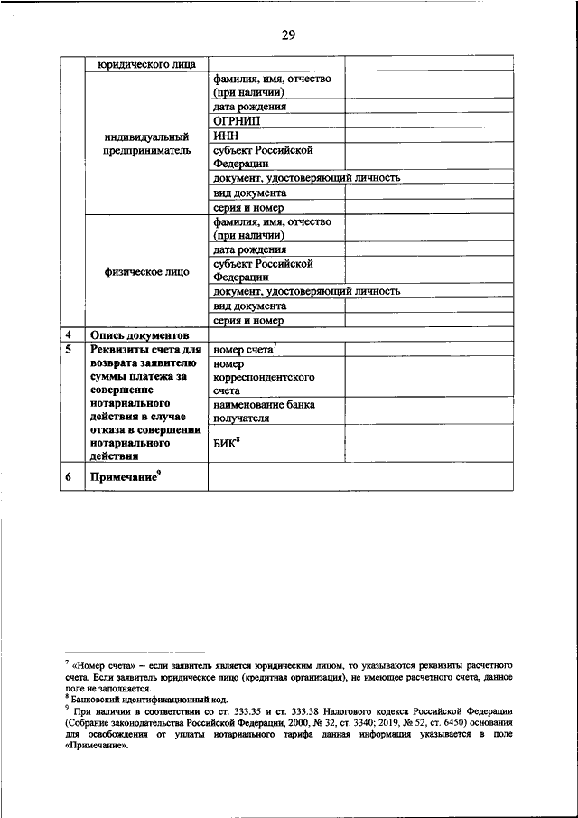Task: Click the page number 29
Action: click(x=289, y=35)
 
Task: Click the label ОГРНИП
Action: click(x=239, y=121)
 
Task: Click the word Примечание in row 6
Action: click(x=121, y=477)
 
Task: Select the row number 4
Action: click(x=69, y=334)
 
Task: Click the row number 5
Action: click(x=69, y=349)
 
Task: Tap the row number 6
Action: click(x=69, y=477)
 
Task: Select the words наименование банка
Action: click(x=264, y=405)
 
